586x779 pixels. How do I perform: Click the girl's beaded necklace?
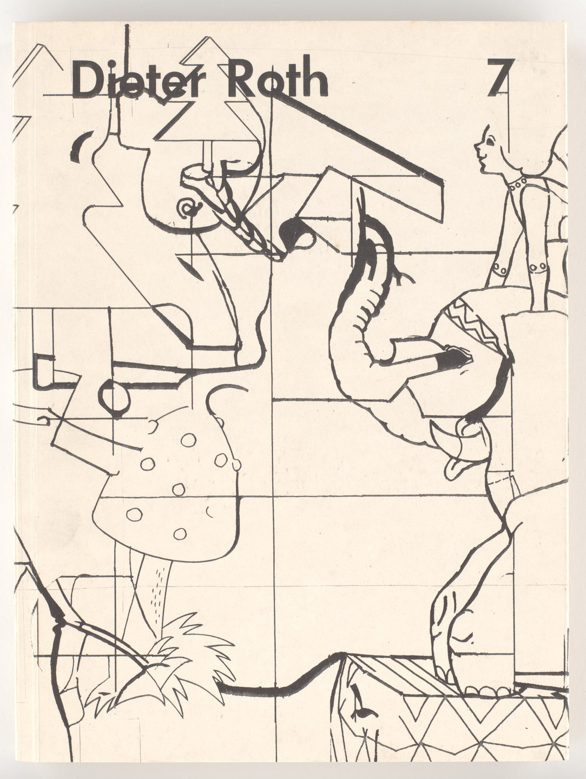[x=518, y=182]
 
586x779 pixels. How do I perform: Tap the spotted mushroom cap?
[x=168, y=487]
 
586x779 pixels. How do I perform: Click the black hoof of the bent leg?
[x=452, y=359]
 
